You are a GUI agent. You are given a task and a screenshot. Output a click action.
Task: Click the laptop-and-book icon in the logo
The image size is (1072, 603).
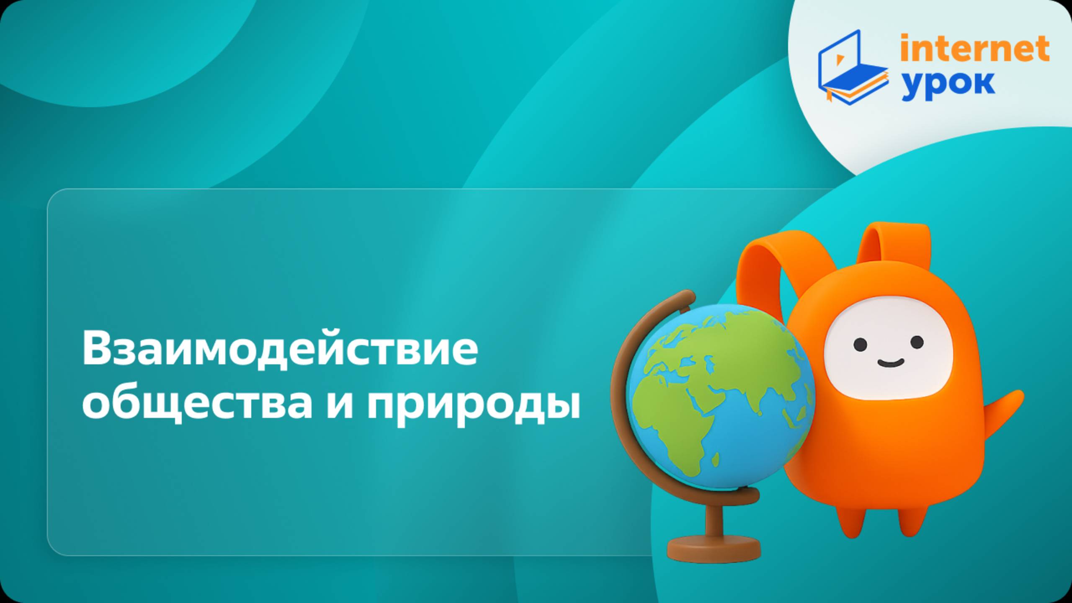pyautogui.click(x=852, y=67)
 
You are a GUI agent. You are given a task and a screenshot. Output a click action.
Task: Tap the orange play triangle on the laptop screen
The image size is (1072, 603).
pyautogui.click(x=839, y=60)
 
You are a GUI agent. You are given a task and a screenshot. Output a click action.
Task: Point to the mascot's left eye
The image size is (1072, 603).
pyautogui.click(x=860, y=344)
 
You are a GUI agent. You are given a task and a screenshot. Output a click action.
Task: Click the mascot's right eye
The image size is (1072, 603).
pyautogui.click(x=917, y=342)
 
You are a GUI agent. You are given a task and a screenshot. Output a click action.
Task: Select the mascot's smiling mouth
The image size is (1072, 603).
pyautogui.click(x=890, y=363)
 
